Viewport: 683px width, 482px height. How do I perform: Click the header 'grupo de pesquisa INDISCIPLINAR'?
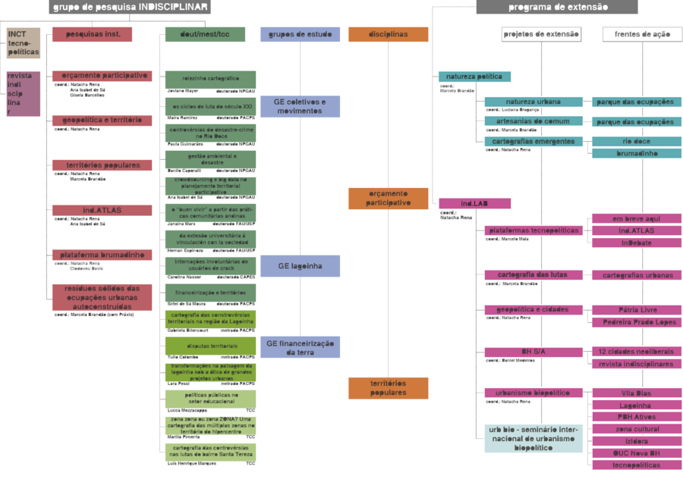tap(129, 7)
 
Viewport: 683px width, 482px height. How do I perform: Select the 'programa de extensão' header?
tap(556, 7)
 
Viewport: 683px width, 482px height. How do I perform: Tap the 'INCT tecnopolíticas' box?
tap(23, 44)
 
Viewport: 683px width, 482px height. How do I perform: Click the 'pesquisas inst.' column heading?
tap(91, 34)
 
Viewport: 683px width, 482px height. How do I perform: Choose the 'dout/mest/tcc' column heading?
tap(205, 34)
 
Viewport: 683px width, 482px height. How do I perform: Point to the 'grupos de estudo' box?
tap(300, 34)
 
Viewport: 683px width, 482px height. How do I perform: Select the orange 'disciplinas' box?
tap(388, 34)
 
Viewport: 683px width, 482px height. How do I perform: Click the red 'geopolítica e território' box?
tap(102, 121)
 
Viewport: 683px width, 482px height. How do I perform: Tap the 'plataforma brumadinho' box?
tap(102, 255)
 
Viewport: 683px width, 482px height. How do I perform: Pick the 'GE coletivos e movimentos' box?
tap(300, 106)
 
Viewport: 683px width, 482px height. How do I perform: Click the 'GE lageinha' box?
tap(300, 266)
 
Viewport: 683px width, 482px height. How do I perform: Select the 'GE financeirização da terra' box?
tap(300, 347)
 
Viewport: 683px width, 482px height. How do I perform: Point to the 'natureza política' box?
tap(474, 77)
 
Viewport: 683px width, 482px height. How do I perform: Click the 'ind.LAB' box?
tap(474, 203)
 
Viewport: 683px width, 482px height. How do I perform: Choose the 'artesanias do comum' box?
tap(533, 121)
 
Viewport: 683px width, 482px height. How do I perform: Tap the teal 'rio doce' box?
tap(635, 141)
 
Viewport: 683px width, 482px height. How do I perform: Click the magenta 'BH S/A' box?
tap(533, 352)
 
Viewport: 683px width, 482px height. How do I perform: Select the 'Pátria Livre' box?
tap(635, 310)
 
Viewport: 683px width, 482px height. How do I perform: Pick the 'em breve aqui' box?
tap(635, 218)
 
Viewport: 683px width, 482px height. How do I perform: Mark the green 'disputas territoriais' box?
tap(210, 346)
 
